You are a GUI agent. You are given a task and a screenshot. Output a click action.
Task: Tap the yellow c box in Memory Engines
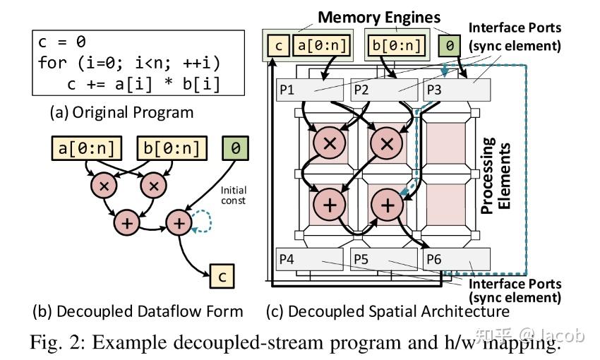[278, 47]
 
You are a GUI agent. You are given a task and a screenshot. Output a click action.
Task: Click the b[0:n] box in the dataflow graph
[171, 150]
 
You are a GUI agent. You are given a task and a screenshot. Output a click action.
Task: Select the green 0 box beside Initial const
[236, 150]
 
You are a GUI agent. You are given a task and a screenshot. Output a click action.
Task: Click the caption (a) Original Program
[121, 112]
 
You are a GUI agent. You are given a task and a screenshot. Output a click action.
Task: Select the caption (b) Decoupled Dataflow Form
[138, 311]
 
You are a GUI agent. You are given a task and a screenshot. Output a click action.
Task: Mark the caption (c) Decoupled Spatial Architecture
[387, 311]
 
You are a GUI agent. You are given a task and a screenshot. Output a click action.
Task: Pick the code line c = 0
[62, 42]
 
